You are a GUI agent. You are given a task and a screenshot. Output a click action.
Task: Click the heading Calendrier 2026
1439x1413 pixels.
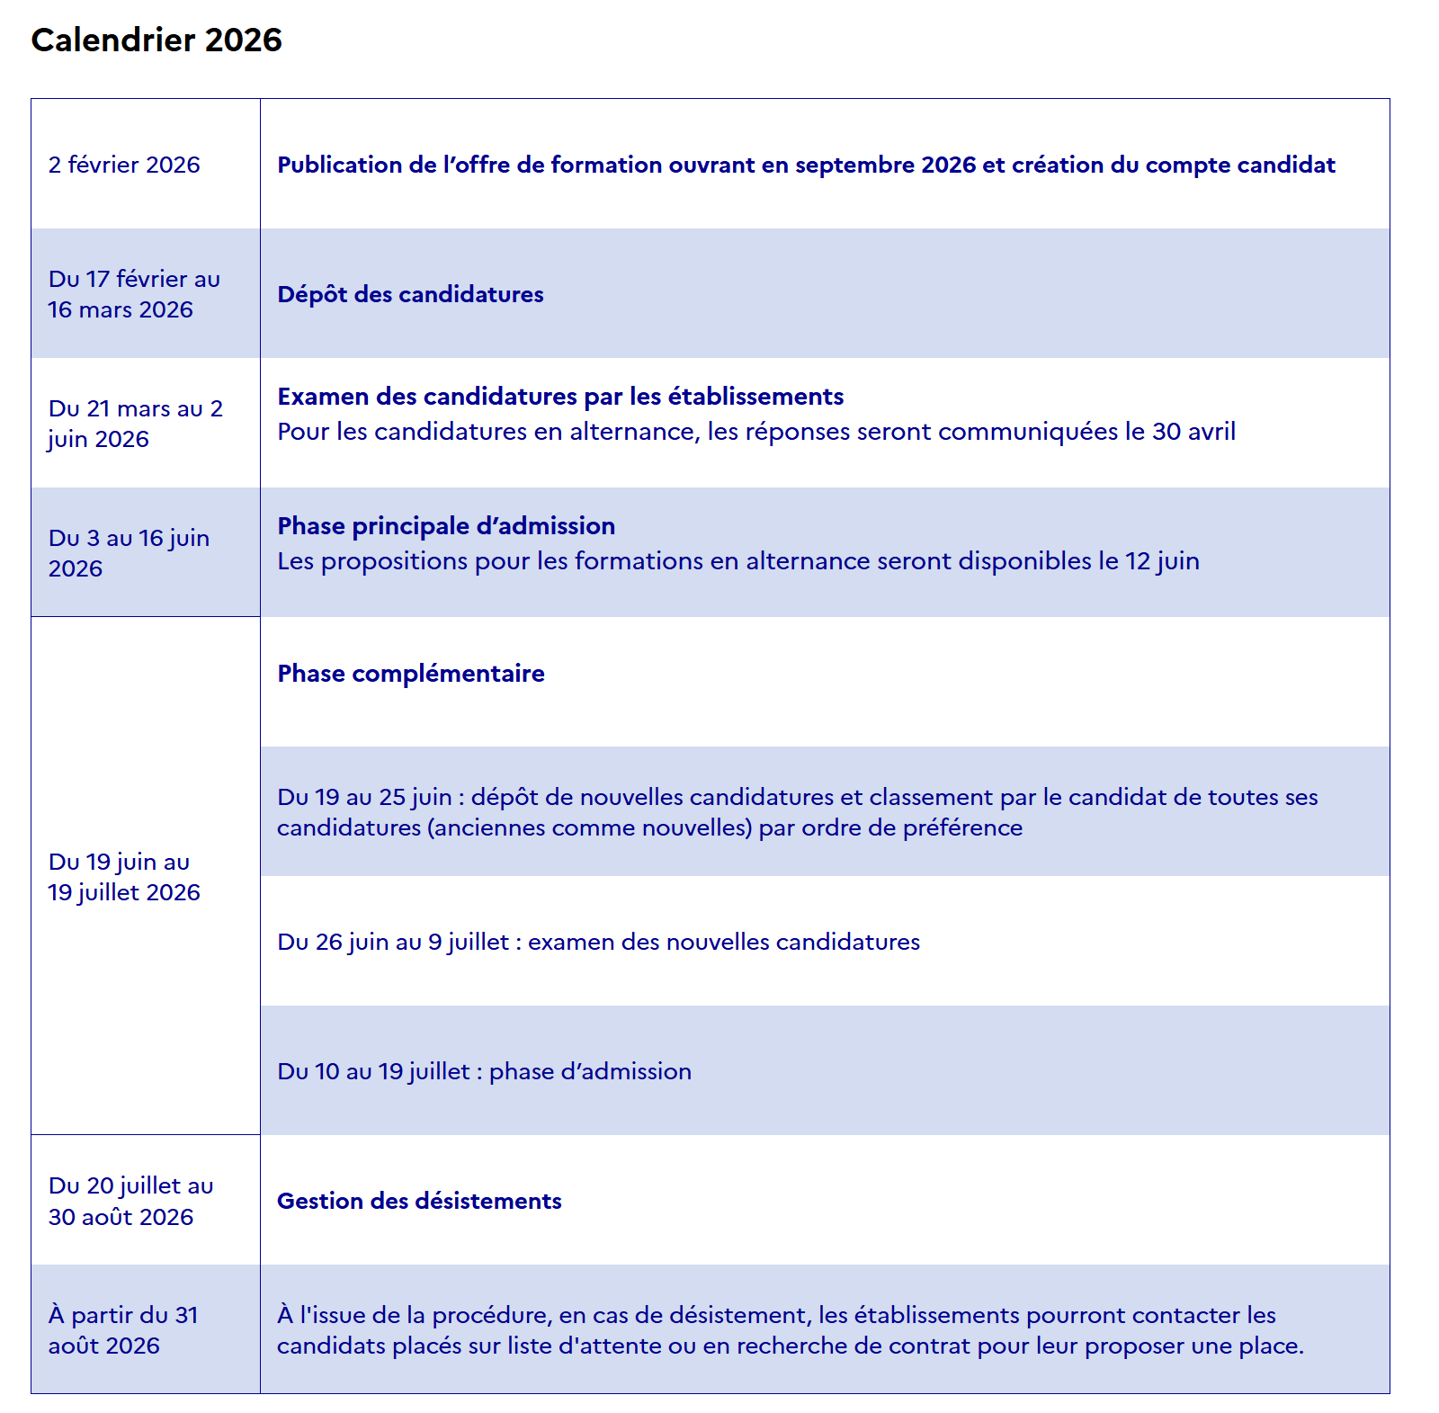156,40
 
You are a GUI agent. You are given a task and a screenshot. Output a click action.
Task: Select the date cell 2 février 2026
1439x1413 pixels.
124,165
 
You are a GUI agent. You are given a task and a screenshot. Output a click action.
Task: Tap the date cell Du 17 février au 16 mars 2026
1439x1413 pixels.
134,294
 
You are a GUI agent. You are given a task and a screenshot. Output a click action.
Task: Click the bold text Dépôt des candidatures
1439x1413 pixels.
410,295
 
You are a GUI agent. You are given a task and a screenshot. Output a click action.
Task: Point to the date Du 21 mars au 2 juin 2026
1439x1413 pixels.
135,424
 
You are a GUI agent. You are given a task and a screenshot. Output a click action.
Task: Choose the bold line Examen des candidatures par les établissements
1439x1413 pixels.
560,397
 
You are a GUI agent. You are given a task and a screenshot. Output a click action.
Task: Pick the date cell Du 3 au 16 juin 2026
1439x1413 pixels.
129,553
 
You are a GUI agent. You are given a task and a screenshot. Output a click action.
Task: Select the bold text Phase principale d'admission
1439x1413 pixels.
446,526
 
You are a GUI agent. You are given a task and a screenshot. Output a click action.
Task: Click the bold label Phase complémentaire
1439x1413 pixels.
411,674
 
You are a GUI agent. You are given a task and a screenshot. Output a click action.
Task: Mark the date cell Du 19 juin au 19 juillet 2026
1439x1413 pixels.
124,877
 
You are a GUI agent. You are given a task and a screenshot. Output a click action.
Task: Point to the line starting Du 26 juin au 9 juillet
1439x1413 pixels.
598,942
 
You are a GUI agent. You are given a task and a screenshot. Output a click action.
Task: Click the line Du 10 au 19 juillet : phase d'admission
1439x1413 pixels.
484,1071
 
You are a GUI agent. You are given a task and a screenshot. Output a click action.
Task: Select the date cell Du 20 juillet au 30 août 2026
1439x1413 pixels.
130,1201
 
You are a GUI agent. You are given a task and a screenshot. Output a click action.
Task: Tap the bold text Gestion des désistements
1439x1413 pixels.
419,1201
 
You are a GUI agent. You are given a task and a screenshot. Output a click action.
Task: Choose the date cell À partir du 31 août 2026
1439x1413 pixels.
123,1330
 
